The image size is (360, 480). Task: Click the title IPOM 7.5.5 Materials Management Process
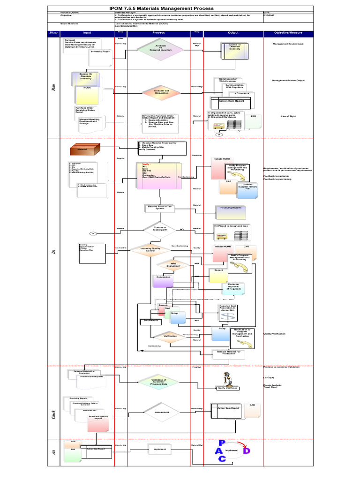click(161, 8)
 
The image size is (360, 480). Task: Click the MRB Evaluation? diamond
click(173, 265)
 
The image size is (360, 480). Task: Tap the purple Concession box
click(164, 280)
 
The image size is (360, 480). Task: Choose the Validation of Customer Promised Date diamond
click(158, 382)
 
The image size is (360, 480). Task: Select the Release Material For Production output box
click(229, 353)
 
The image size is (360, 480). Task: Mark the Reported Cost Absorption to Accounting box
click(228, 308)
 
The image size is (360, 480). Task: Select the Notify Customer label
click(228, 388)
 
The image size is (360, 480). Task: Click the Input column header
click(87, 33)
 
